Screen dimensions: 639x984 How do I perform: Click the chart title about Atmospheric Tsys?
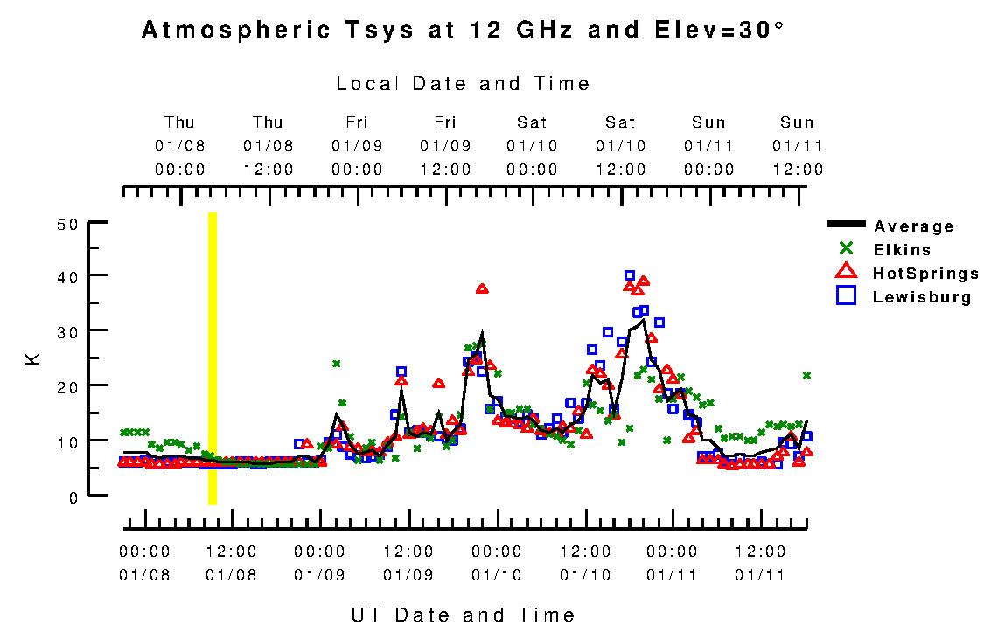(463, 31)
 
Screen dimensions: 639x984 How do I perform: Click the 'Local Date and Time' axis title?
(463, 84)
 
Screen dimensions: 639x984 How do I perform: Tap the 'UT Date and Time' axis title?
(463, 615)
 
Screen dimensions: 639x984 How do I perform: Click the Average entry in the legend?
(913, 227)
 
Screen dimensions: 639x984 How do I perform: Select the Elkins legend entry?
(902, 250)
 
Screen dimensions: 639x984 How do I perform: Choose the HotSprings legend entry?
(925, 274)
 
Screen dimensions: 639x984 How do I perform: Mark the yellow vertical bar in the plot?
(213, 358)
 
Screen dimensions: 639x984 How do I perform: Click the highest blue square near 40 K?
(630, 276)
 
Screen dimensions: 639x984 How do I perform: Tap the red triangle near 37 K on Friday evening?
(482, 288)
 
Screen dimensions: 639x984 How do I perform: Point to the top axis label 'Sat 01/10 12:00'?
(621, 146)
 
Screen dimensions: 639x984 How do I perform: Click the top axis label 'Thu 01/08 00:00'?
(179, 146)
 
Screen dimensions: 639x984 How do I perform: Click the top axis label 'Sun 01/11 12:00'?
(797, 146)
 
